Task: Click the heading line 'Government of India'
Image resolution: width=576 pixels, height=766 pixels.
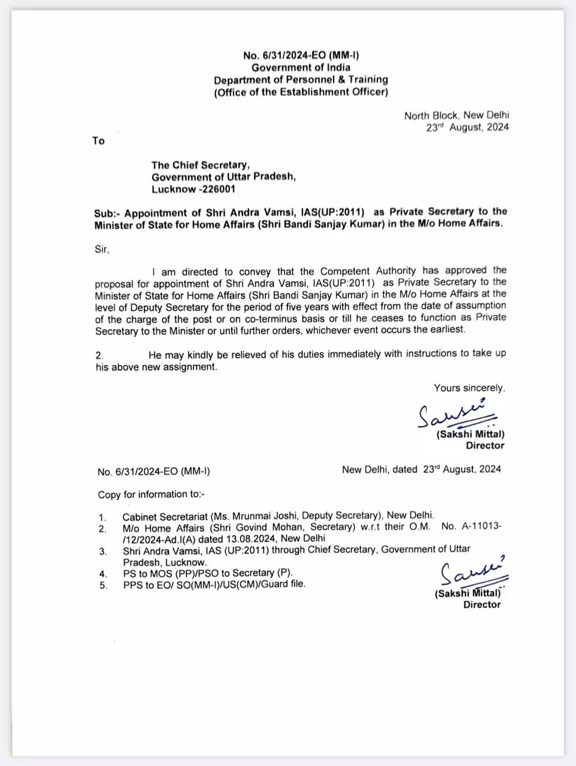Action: (301, 68)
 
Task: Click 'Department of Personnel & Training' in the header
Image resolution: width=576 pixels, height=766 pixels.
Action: (301, 80)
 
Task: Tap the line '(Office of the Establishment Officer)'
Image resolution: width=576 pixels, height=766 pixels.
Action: (301, 92)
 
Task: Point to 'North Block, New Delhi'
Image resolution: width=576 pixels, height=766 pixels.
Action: (456, 115)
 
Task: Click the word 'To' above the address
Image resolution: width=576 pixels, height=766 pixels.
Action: (99, 141)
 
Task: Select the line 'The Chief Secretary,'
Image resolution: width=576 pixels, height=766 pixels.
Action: (200, 165)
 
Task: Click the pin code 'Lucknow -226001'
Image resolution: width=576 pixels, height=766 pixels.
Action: (193, 189)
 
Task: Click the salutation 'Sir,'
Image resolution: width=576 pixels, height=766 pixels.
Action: (102, 249)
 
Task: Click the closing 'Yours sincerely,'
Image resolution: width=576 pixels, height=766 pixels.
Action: (469, 388)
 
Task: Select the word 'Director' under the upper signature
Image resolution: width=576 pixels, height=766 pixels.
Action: (485, 446)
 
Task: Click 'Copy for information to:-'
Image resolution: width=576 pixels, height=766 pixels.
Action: (151, 494)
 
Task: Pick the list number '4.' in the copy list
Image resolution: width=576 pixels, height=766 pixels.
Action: (103, 574)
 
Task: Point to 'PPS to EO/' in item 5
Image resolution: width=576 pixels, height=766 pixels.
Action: (145, 585)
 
